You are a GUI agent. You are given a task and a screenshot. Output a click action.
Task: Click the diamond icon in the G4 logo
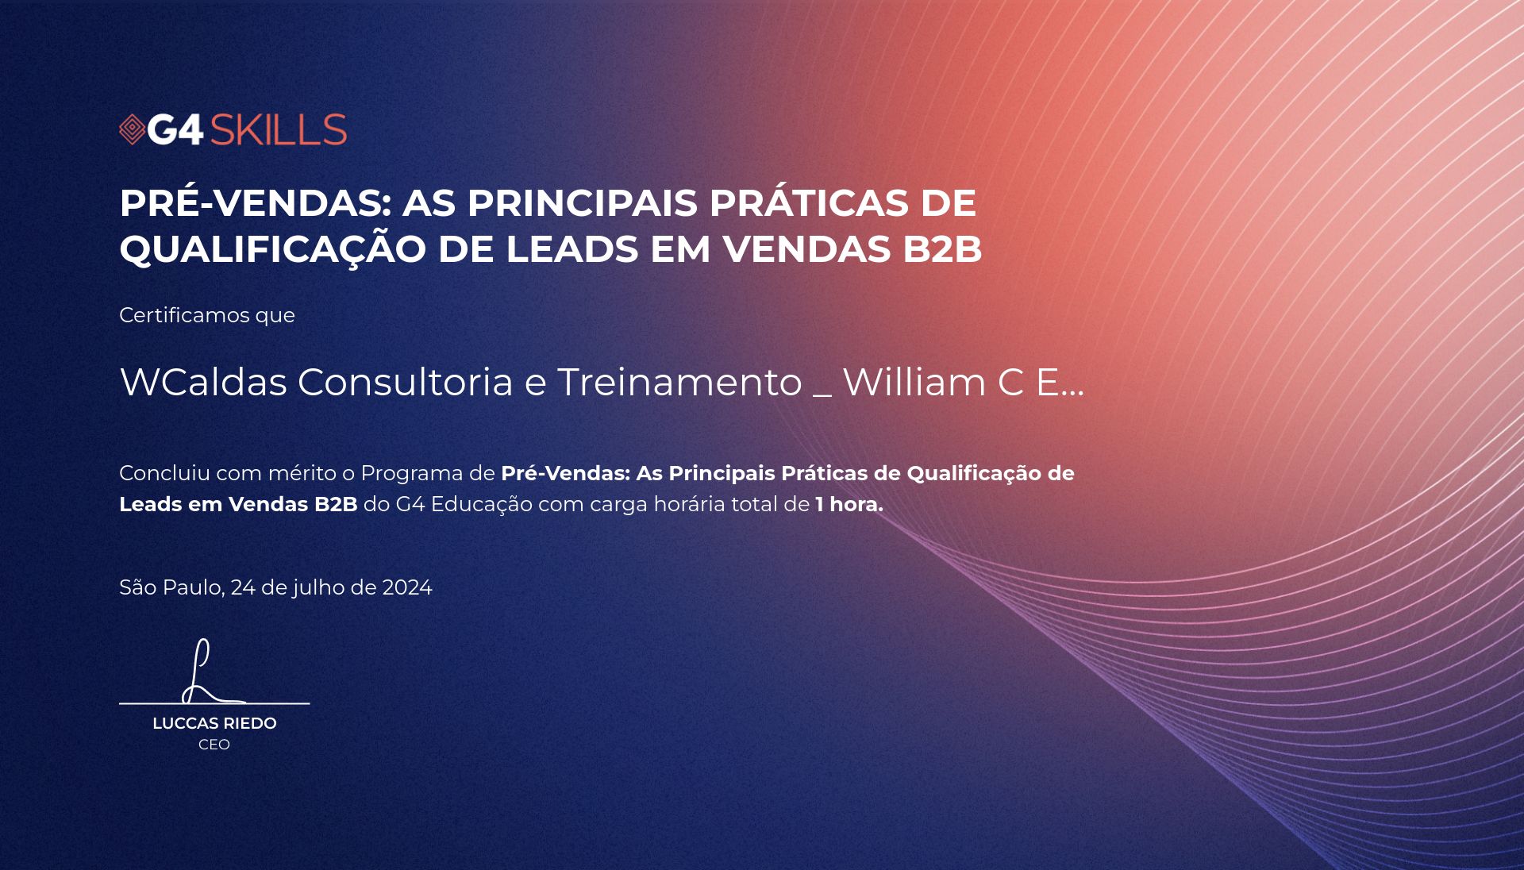click(133, 129)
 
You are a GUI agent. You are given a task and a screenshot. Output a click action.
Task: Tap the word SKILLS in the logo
click(279, 129)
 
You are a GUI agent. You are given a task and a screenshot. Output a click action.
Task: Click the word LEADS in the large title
click(571, 249)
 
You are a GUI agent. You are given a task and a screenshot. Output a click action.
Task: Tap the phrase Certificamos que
click(207, 315)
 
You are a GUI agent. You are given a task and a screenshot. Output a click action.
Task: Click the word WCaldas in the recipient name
click(203, 382)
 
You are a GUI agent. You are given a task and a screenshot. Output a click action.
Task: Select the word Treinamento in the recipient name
click(679, 382)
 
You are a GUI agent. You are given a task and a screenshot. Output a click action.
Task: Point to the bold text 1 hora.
click(849, 504)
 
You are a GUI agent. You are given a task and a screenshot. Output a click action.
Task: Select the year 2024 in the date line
click(407, 587)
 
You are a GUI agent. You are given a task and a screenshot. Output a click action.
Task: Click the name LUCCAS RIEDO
click(214, 723)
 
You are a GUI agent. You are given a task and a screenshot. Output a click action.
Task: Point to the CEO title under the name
click(214, 745)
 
